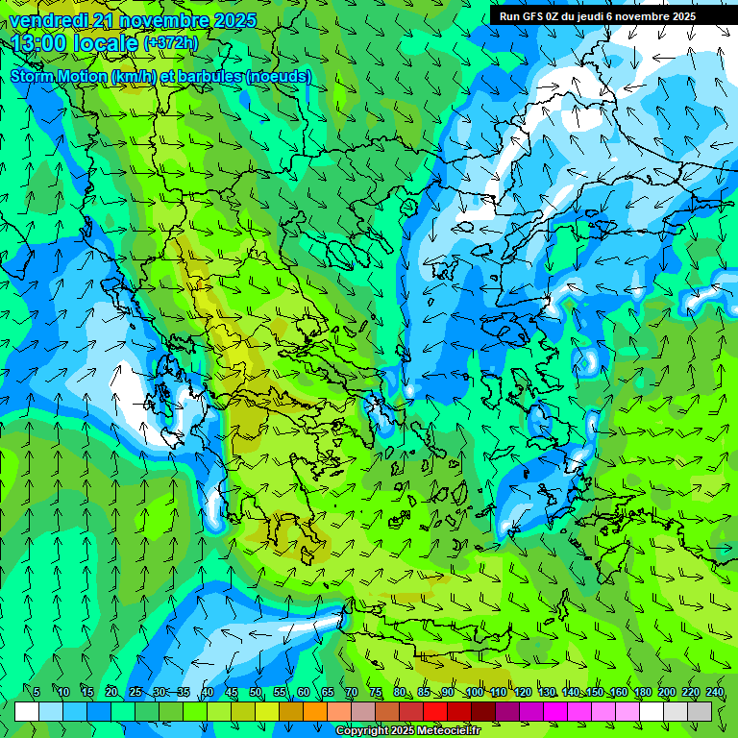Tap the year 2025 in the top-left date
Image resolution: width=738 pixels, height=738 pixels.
click(x=234, y=20)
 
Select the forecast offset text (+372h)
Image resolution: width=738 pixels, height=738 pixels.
click(x=171, y=43)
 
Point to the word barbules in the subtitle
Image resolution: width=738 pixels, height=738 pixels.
click(x=209, y=76)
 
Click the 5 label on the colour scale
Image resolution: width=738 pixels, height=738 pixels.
click(x=37, y=692)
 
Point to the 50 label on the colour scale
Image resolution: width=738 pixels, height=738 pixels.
click(x=256, y=692)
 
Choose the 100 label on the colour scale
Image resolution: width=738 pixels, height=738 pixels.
click(x=474, y=692)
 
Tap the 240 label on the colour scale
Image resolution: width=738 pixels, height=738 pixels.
click(x=714, y=692)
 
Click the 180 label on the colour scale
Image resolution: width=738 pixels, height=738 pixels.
click(x=642, y=692)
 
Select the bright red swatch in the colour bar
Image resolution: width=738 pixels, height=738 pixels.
click(x=435, y=711)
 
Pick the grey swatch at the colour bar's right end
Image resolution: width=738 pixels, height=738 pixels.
click(x=700, y=711)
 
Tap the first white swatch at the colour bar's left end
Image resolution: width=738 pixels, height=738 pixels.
click(x=27, y=711)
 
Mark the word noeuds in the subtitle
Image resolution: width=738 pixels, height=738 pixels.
click(x=278, y=76)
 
